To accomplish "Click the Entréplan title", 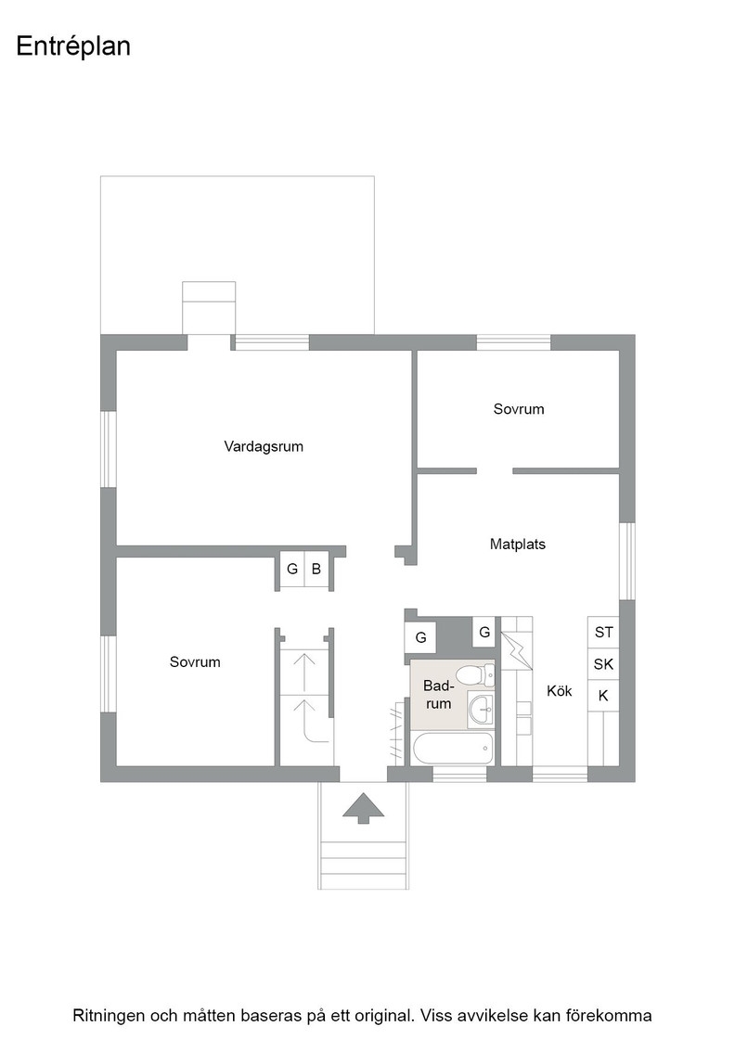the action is (73, 47).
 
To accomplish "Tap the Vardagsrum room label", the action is (264, 446).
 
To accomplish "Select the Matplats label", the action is (518, 545).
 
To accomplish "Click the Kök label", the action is (560, 691).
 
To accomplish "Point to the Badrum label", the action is (438, 695).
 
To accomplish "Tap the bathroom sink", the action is (481, 709).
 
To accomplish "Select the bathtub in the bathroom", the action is (453, 750).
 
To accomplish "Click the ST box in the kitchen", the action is (604, 632).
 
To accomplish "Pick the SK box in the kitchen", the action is (604, 664).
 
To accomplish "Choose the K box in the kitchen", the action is (604, 696).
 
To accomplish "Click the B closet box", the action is (316, 569).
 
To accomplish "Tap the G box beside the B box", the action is (292, 569).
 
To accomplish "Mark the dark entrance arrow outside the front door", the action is (363, 808).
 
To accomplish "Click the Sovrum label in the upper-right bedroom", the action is (519, 409).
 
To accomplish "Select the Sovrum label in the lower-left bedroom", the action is (195, 662).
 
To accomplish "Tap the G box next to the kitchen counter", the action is (484, 632).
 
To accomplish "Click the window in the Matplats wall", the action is (627, 561).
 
